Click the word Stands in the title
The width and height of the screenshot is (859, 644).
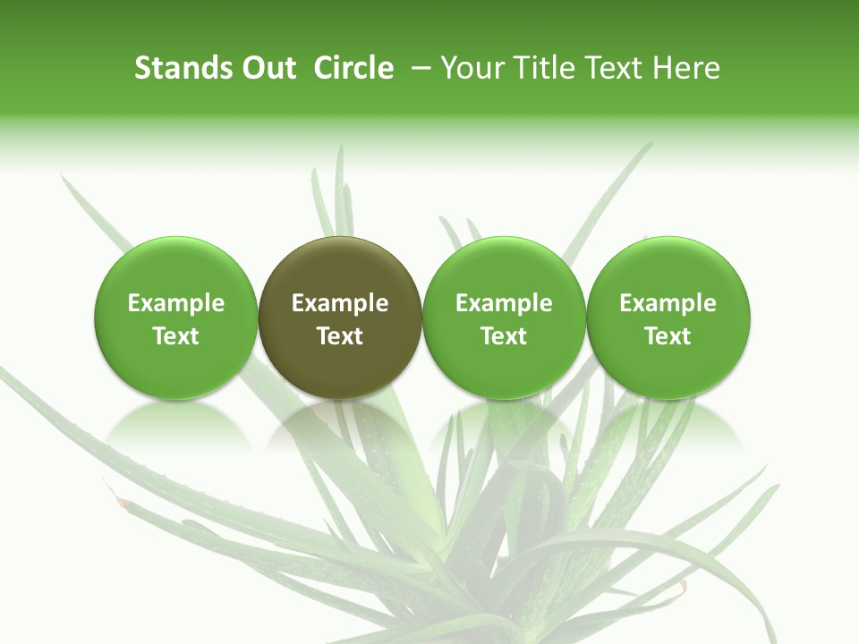[183, 68]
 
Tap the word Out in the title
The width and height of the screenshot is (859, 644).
[268, 68]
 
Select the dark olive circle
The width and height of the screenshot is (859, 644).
[340, 318]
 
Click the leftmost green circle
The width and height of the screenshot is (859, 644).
[176, 318]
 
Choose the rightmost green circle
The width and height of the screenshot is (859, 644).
[668, 318]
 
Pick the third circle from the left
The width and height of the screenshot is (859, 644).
[504, 318]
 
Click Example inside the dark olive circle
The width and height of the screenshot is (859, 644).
[340, 303]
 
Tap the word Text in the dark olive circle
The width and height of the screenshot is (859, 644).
[340, 336]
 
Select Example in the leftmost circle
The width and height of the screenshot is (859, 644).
[176, 303]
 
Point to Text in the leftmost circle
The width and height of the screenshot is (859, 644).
[176, 336]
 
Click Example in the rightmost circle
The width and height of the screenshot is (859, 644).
[668, 303]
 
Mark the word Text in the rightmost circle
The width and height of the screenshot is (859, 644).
[668, 336]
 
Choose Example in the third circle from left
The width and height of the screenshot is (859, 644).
[504, 303]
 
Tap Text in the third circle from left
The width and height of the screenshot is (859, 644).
[504, 336]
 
